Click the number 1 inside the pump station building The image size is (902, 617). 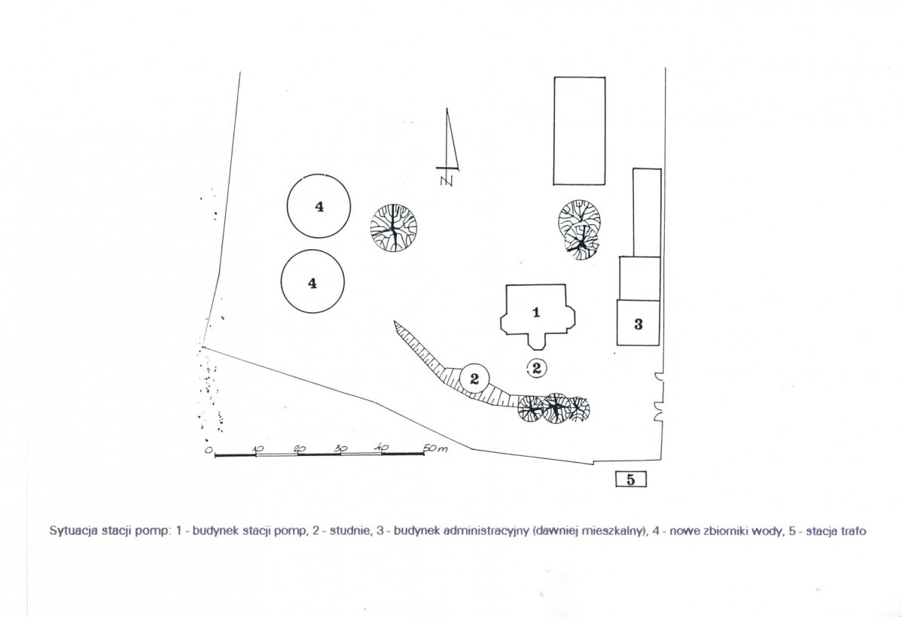pos(536,313)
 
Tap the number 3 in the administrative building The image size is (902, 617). pos(638,324)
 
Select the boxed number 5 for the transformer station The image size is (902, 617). pos(630,479)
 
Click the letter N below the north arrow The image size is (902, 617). pos(446,181)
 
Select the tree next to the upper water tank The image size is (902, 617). pos(394,227)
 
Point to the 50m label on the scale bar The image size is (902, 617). pos(435,448)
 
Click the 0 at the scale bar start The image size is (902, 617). pos(209,450)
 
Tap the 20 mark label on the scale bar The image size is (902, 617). pos(300,448)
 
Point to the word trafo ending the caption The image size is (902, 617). pos(853,530)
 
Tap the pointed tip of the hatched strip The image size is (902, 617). pos(395,321)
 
